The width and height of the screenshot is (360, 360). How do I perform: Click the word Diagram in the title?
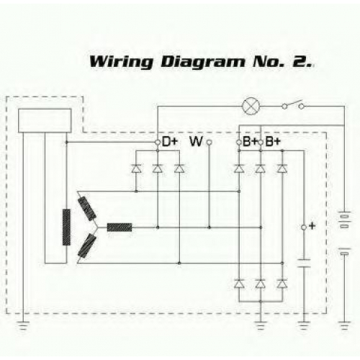pos(203,62)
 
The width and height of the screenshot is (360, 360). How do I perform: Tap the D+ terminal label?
pos(170,142)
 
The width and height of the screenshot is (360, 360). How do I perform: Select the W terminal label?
pos(196,141)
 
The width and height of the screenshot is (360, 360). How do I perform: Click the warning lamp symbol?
pos(251,106)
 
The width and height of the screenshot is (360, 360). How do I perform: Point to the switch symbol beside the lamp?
pos(293,104)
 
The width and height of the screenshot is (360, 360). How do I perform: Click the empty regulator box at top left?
pos(45,121)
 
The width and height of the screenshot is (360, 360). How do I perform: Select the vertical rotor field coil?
pos(66,227)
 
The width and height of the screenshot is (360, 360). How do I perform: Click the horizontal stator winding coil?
pos(120,228)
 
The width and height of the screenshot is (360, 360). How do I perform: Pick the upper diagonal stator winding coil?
pos(87,208)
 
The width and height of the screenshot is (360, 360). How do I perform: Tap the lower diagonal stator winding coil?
pos(87,246)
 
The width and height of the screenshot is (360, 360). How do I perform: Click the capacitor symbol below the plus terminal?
pos(304,264)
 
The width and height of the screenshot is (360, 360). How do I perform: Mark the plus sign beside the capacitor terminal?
pos(312,226)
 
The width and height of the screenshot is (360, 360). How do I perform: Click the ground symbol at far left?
pos(23,325)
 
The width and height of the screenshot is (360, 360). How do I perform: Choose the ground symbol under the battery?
pos(344,325)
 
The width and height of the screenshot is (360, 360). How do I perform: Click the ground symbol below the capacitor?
pos(304,325)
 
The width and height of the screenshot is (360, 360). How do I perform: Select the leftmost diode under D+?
pos(136,168)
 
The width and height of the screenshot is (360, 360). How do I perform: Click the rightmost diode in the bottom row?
pos(282,284)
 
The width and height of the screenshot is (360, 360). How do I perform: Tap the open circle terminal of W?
pos(210,143)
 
